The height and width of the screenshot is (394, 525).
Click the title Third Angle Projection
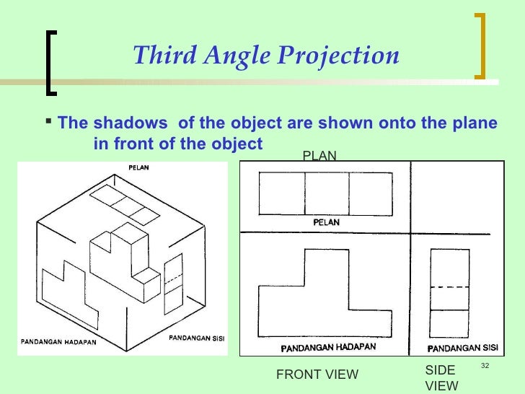click(266, 55)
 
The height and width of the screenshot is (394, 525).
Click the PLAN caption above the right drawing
click(319, 155)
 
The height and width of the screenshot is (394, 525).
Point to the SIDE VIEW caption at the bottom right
click(441, 377)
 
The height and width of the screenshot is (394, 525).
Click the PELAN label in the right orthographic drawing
click(327, 222)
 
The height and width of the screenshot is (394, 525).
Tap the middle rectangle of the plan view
click(327, 195)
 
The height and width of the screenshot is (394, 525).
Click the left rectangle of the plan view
click(281, 195)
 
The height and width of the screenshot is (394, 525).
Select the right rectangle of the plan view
click(371, 195)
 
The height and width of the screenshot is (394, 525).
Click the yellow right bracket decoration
click(481, 45)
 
